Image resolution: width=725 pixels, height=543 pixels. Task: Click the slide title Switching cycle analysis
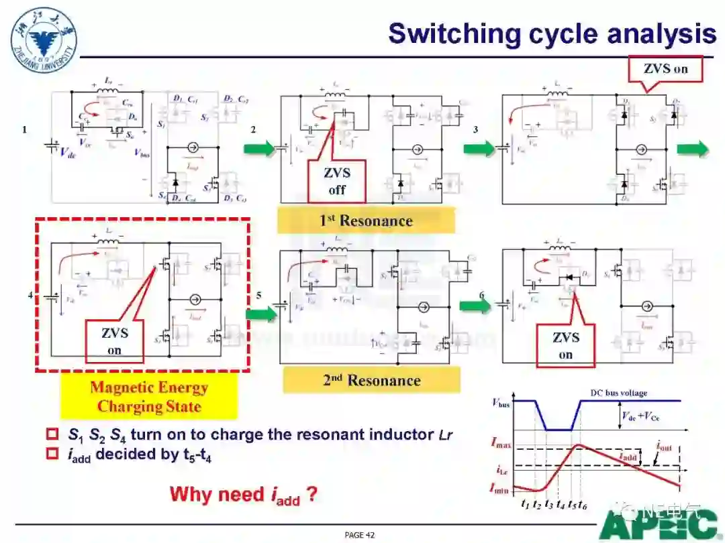tap(552, 34)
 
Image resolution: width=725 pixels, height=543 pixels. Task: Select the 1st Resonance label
tap(366, 221)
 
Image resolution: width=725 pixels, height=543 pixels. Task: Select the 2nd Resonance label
tap(371, 381)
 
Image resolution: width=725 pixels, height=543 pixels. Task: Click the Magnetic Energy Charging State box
tap(149, 397)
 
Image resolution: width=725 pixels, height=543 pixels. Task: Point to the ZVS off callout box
tap(336, 181)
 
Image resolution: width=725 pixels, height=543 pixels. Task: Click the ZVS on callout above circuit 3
tap(665, 68)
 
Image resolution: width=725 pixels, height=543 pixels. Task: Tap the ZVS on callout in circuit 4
tap(115, 341)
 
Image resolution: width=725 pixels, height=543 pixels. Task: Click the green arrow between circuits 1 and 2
tap(259, 148)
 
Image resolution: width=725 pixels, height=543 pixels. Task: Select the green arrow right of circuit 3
tap(692, 148)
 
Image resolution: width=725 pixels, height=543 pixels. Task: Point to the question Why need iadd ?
tap(243, 495)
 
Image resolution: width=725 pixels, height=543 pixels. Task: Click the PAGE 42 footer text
tap(359, 535)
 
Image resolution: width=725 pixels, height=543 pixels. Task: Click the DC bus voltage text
tap(619, 393)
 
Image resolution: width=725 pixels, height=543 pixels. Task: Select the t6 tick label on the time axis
tap(583, 504)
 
